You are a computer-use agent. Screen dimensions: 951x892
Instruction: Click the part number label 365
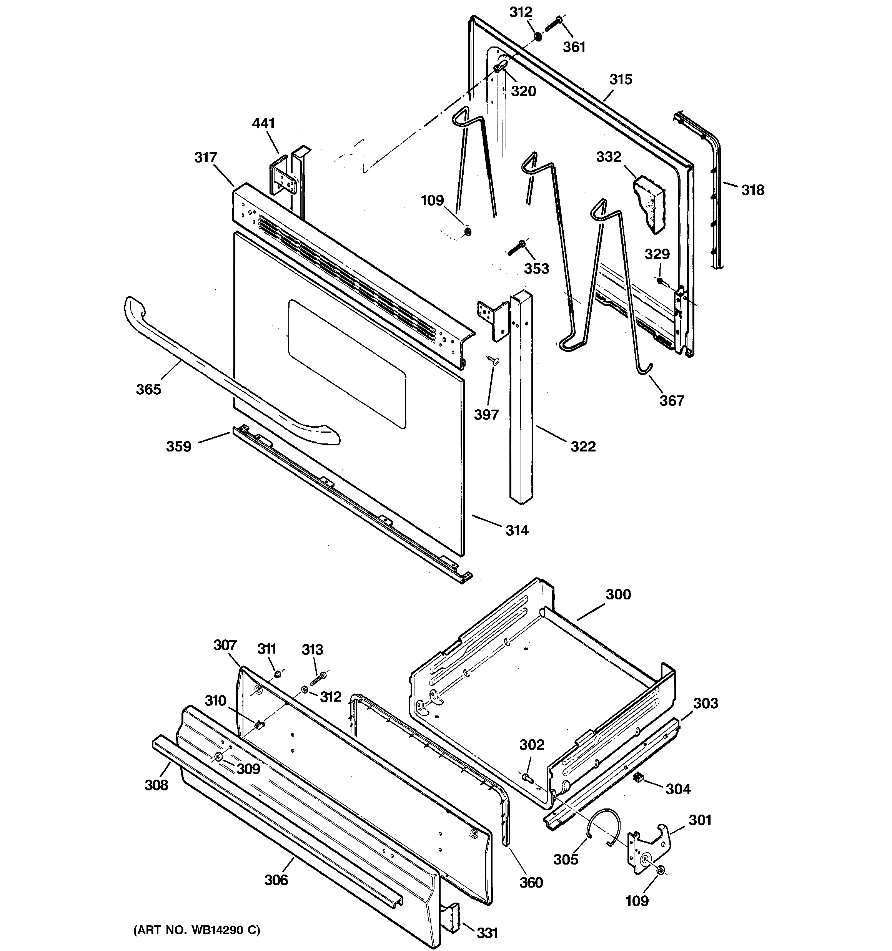pyautogui.click(x=148, y=389)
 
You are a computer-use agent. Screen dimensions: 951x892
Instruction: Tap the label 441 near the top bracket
pyautogui.click(x=263, y=123)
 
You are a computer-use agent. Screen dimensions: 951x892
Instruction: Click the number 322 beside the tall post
pyautogui.click(x=583, y=446)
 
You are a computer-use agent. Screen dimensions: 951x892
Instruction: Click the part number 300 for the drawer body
pyautogui.click(x=618, y=594)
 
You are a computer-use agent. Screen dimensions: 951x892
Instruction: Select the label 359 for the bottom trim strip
pyautogui.click(x=178, y=447)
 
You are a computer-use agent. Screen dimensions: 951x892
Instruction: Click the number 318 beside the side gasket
pyautogui.click(x=753, y=190)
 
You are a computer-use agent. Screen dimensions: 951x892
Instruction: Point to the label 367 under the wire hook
pyautogui.click(x=672, y=401)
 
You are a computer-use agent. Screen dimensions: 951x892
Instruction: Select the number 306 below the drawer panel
pyautogui.click(x=276, y=880)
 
